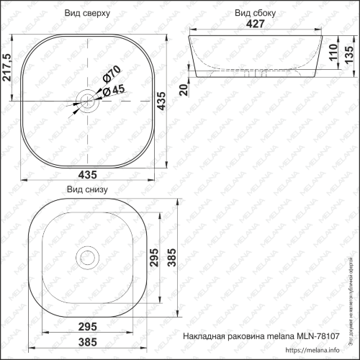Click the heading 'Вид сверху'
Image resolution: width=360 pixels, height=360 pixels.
[x=86, y=13]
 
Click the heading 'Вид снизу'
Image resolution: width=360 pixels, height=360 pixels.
[x=86, y=190]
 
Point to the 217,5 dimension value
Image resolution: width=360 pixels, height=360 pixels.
[x=7, y=68]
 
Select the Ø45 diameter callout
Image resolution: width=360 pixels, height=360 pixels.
[x=111, y=91]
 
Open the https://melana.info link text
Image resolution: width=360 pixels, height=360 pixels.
[x=312, y=353]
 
